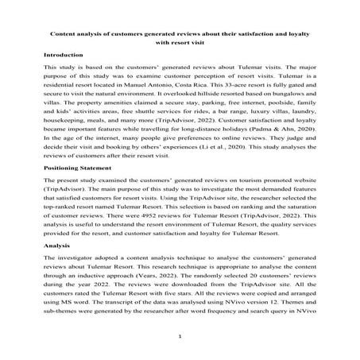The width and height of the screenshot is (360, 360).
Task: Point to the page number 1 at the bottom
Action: (180, 337)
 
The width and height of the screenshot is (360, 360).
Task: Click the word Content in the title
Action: (64, 34)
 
